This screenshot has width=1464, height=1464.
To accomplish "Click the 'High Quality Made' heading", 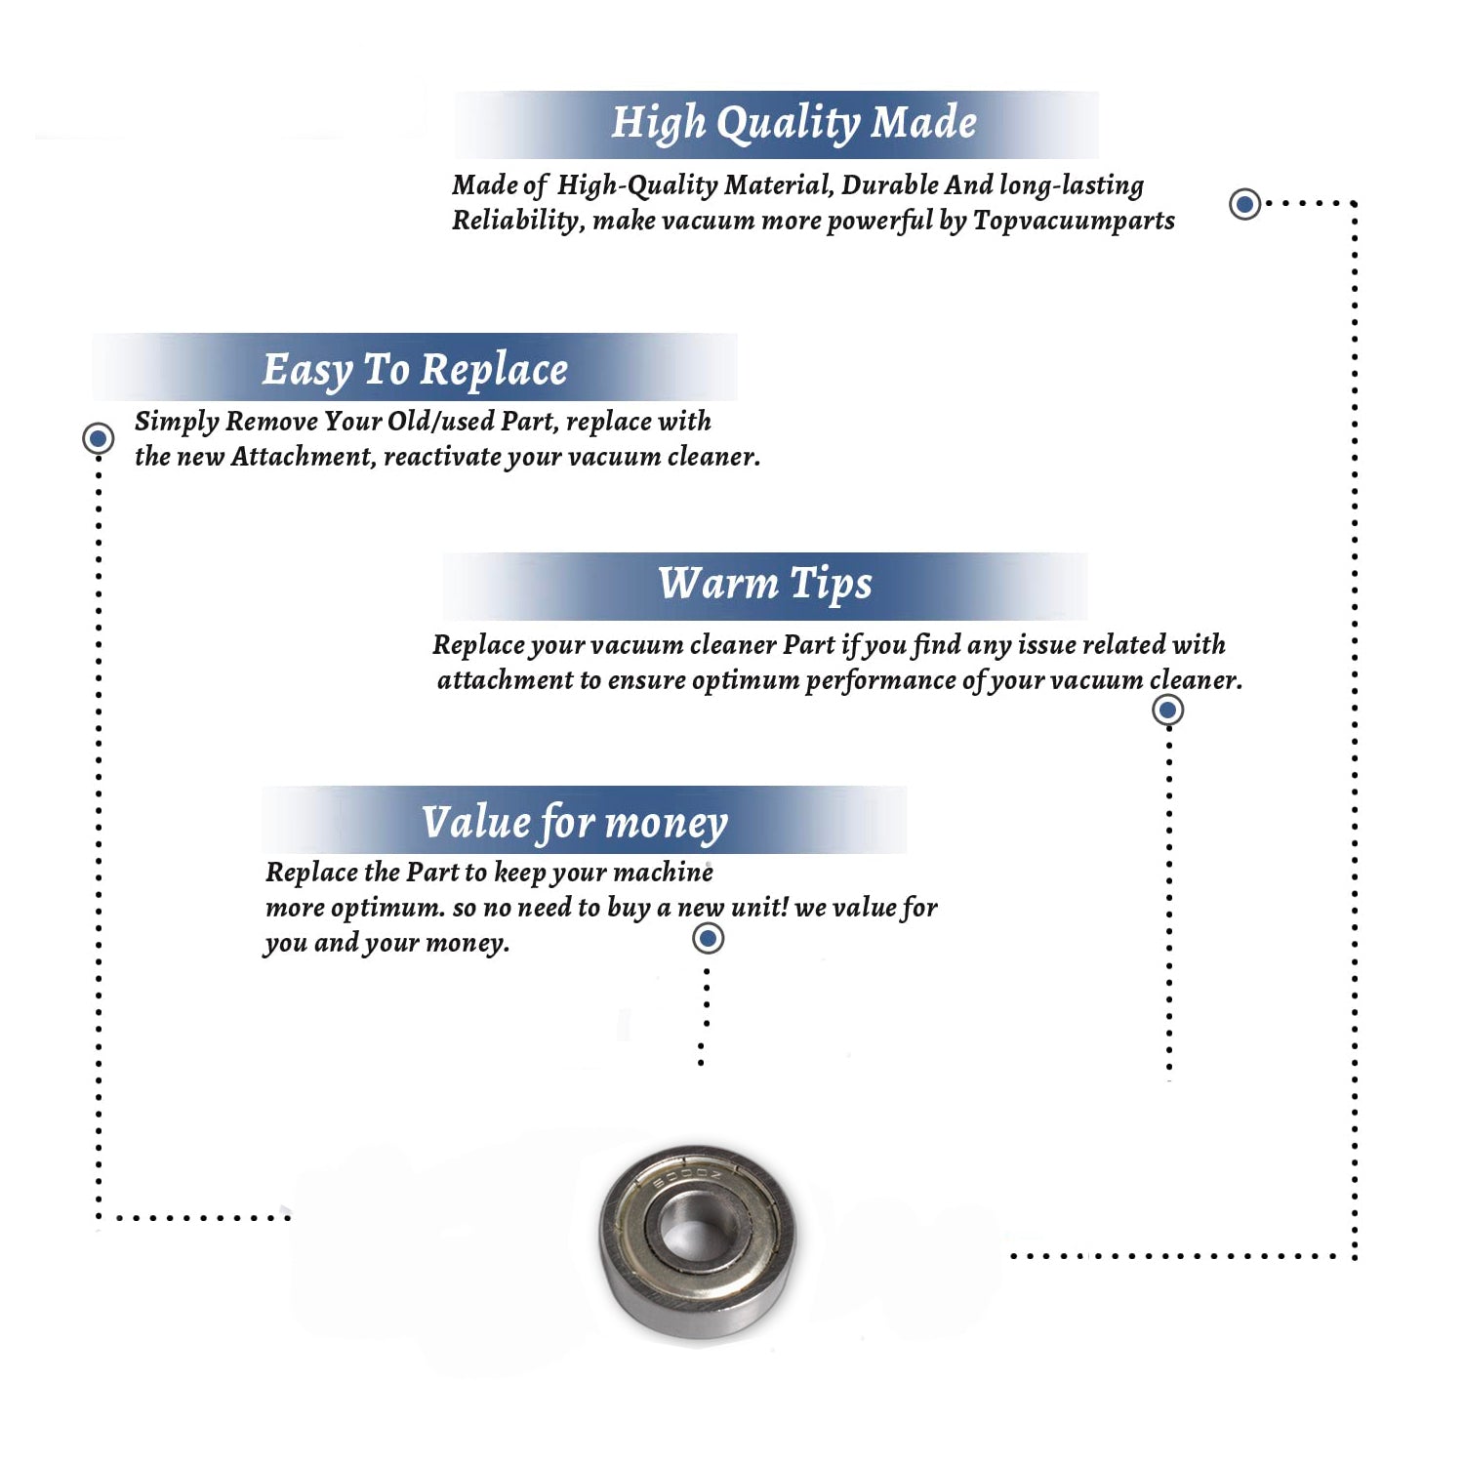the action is [x=793, y=124].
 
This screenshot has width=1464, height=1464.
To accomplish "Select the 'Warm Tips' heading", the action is [x=765, y=584].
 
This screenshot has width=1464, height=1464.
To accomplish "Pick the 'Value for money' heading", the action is [x=575, y=823].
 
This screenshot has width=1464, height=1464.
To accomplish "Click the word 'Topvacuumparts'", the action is [x=1074, y=221].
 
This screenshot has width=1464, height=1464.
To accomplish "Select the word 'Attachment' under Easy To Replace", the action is [x=304, y=457].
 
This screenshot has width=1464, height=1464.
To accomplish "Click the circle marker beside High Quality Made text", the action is [x=1244, y=204].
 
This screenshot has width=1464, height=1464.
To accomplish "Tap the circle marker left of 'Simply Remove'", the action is [x=98, y=438].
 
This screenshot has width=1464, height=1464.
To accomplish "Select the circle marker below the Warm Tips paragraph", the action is [x=1168, y=710].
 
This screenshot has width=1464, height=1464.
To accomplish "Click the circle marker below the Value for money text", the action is [x=708, y=939].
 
